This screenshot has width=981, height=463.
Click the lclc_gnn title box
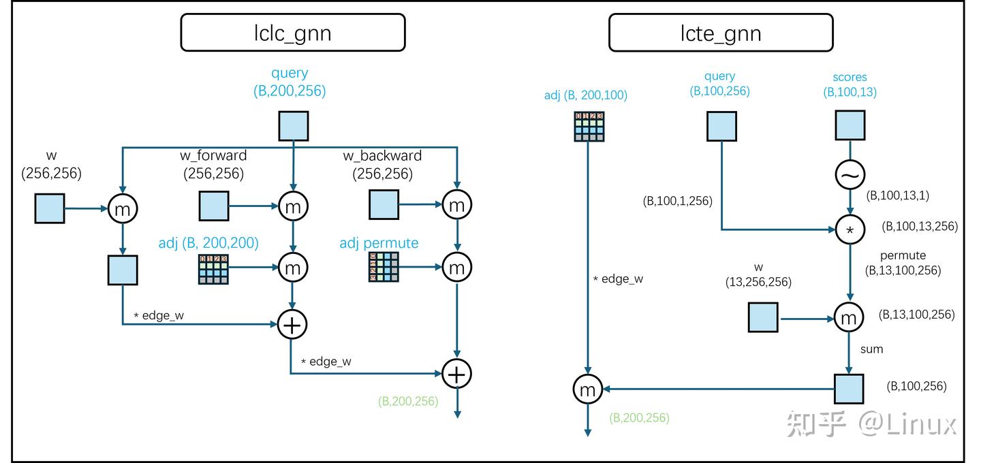[292, 33]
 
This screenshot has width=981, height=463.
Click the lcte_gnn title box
[720, 33]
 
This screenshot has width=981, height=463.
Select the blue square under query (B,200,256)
[293, 126]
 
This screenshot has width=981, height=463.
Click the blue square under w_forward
[214, 206]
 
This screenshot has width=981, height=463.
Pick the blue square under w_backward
[384, 205]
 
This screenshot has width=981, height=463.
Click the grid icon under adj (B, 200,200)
[213, 269]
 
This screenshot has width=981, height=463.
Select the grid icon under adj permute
[383, 268]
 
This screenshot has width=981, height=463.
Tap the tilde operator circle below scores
[850, 176]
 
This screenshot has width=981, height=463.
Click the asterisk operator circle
[850, 230]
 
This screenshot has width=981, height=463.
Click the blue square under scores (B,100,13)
[850, 126]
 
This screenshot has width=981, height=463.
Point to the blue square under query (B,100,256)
[721, 127]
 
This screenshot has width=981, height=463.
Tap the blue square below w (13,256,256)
[763, 318]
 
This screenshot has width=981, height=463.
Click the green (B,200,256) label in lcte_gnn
[639, 417]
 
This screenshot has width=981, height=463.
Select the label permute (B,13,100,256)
[903, 263]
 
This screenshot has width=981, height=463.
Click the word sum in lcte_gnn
[871, 349]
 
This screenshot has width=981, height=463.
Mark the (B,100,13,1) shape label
[897, 195]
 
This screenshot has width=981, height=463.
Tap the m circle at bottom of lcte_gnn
[587, 389]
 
